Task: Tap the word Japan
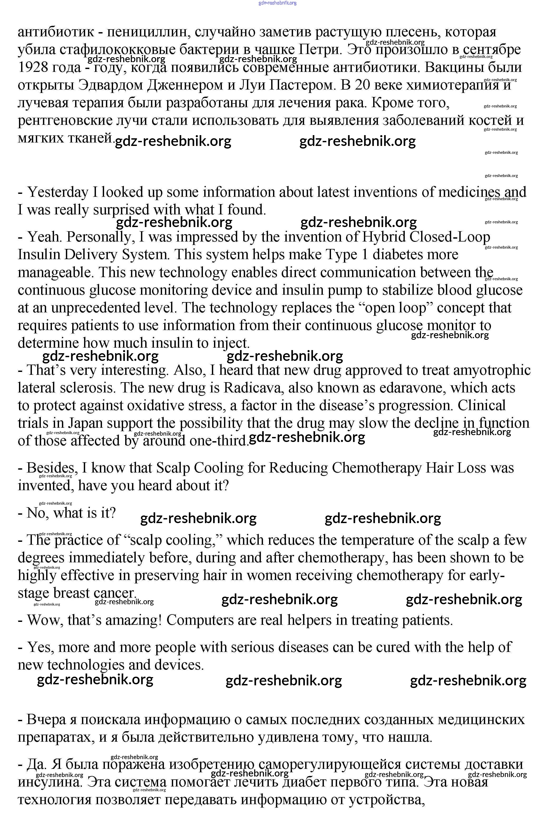click(x=86, y=423)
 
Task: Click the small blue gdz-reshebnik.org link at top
click(x=277, y=3)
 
